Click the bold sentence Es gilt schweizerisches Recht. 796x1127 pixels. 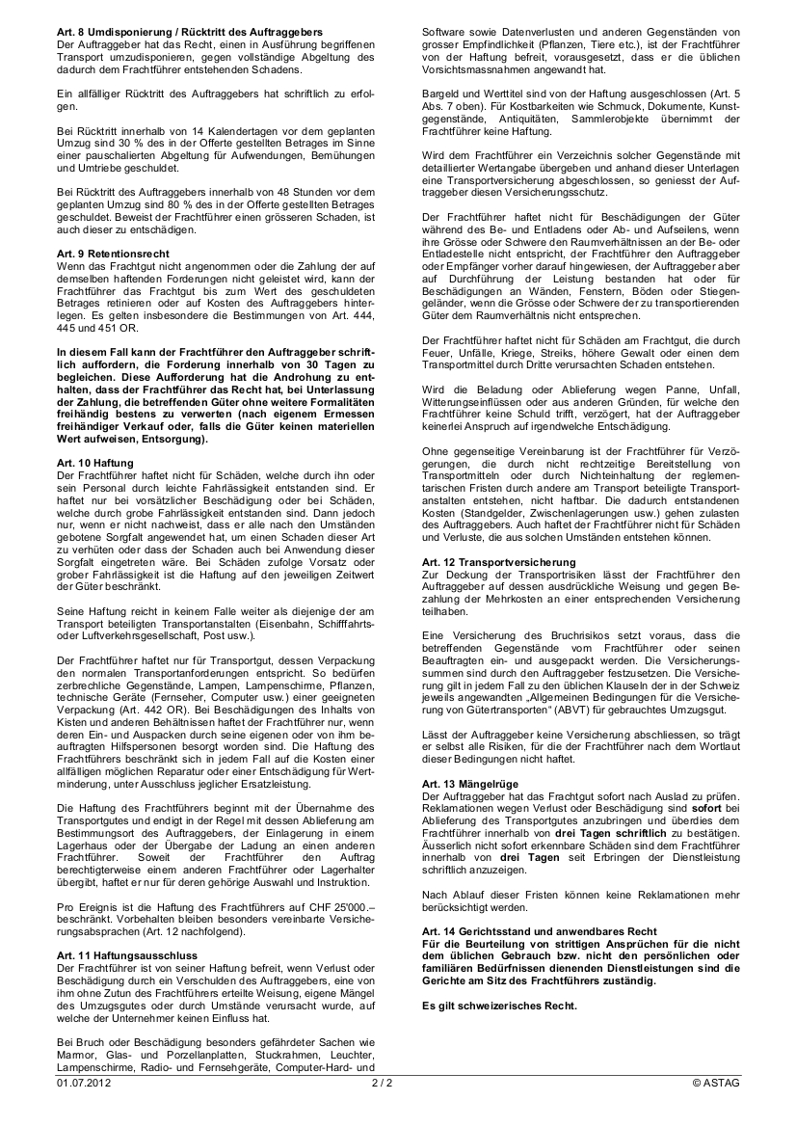coord(500,1006)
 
